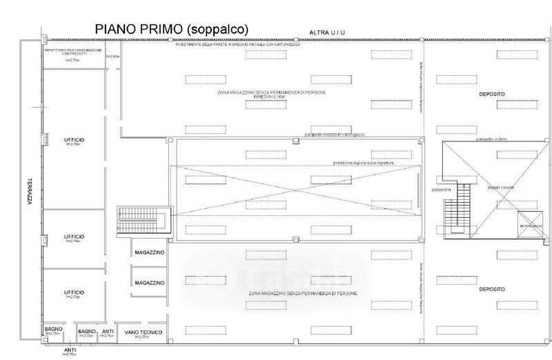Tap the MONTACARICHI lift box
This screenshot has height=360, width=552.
coord(531,226)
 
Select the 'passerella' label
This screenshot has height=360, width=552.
coord(441,189)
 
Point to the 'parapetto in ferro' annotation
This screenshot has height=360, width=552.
coord(494,139)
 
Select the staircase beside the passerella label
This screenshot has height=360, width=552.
coord(457,214)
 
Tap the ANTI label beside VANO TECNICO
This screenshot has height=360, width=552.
coord(108,332)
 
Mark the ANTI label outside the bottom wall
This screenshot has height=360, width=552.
coord(70,350)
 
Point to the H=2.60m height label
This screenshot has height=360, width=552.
coord(112,56)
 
